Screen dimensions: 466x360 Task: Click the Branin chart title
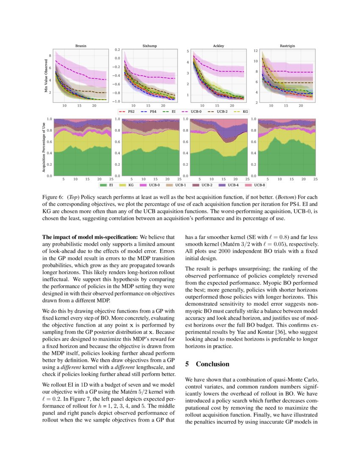81,45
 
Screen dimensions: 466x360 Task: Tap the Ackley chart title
218,45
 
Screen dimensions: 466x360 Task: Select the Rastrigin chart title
288,45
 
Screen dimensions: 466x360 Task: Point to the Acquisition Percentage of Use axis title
44,147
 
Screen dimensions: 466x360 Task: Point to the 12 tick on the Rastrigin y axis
255,50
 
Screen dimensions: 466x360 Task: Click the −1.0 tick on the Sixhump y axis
115,102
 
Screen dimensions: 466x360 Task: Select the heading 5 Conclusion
208,364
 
